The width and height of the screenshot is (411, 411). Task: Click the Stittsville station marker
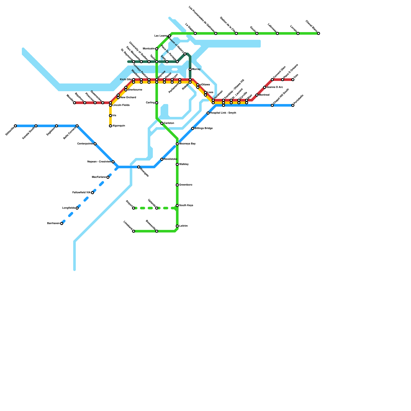[15, 126]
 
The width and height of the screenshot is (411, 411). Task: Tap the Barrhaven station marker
[62, 223]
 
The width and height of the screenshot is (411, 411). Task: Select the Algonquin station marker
[110, 126]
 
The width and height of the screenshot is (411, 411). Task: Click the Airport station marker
[134, 208]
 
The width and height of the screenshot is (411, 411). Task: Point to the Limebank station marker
[134, 231]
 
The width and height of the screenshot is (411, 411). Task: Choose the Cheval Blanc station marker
[319, 33]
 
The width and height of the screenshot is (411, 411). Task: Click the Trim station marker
[293, 80]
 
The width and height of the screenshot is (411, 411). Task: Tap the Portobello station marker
[293, 105]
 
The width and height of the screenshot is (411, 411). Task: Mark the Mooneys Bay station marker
[177, 144]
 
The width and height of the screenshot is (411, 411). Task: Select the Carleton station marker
[162, 123]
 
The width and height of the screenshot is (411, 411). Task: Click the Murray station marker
[190, 69]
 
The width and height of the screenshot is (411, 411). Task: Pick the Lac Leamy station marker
[170, 36]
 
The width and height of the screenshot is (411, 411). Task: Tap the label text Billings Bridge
[203, 128]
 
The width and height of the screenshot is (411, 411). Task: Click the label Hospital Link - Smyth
[223, 113]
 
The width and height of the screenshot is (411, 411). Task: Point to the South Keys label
[186, 206]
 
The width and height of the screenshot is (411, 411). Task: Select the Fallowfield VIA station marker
[92, 193]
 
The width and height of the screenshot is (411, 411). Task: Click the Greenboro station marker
[177, 185]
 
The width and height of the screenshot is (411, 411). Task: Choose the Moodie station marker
[74, 103]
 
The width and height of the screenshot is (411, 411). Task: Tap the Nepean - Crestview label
[99, 162]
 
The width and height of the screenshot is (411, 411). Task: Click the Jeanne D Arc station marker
[265, 87]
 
